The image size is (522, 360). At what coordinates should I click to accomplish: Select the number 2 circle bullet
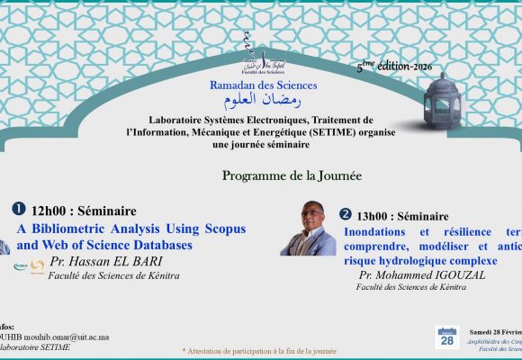tap(346, 214)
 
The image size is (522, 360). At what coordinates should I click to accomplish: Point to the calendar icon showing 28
tap(447, 337)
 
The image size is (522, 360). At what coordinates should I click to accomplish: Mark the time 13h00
tap(378, 216)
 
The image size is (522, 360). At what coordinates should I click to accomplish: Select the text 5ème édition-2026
tap(394, 68)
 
